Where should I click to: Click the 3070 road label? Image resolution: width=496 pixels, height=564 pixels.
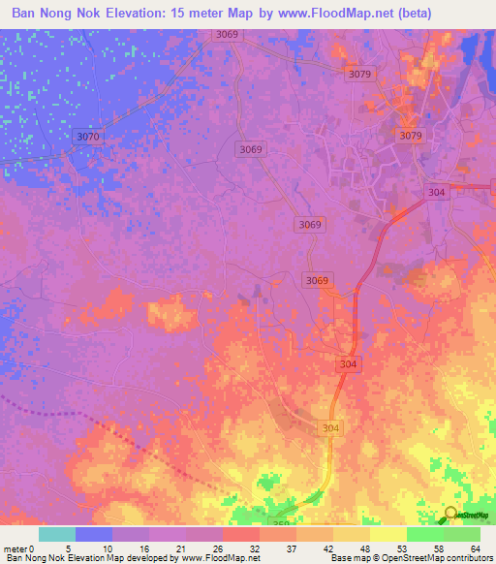pyautogui.click(x=87, y=138)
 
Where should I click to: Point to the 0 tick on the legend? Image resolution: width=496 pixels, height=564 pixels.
pyautogui.click(x=34, y=548)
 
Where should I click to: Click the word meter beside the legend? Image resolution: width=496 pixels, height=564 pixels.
pyautogui.click(x=15, y=548)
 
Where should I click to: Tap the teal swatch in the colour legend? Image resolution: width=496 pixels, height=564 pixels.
pyautogui.click(x=57, y=534)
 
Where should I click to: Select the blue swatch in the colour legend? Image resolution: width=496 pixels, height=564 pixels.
pyautogui.click(x=94, y=534)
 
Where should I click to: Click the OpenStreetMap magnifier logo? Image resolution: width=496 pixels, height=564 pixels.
pyautogui.click(x=450, y=516)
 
